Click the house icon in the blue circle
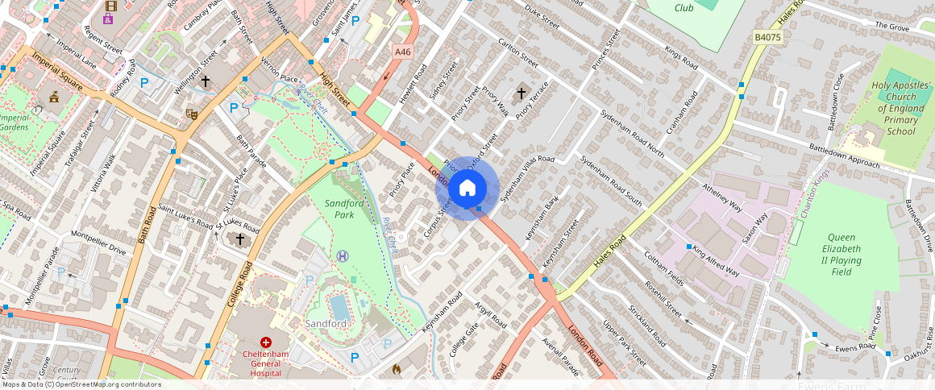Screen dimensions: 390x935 467,189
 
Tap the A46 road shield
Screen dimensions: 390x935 402,52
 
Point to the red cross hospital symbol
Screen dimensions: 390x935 265,342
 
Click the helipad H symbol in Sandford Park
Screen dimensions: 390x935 343,255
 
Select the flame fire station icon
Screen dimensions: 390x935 396,368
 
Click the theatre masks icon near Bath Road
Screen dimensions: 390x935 192,114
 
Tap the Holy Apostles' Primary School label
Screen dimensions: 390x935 900,108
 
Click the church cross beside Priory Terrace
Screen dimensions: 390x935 521,93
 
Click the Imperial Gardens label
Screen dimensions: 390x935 14,122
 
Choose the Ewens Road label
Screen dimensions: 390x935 855,347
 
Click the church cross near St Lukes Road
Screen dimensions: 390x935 239,239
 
